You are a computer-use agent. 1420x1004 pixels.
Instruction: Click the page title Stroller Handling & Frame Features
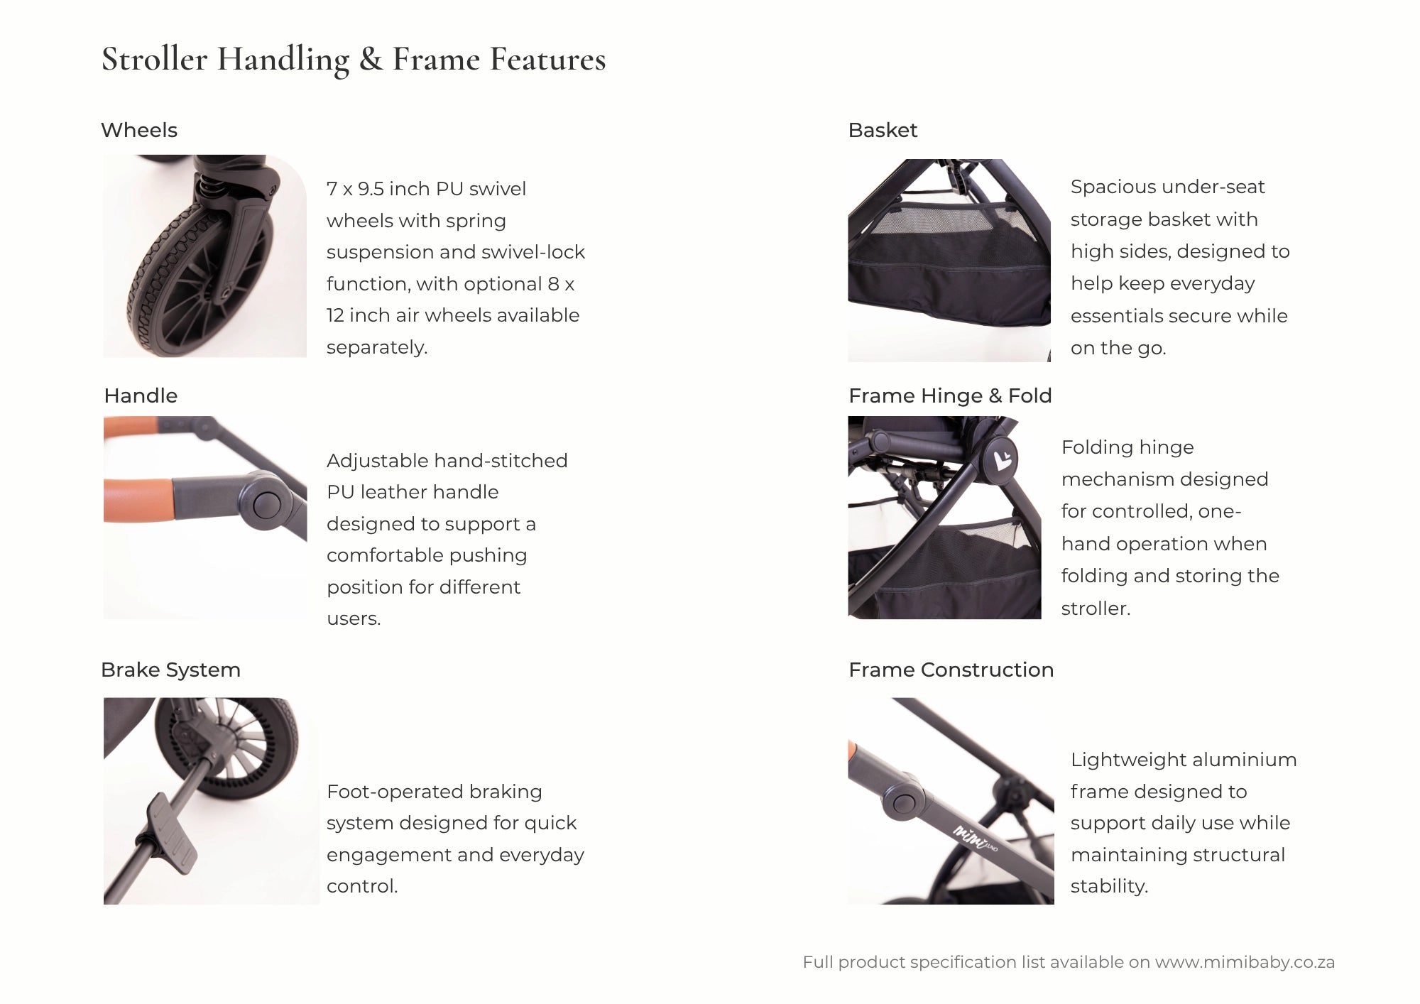(354, 60)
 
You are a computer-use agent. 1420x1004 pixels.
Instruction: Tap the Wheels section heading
(139, 130)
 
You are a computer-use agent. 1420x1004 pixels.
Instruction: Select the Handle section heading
(141, 395)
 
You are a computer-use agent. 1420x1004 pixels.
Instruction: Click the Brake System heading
(170, 670)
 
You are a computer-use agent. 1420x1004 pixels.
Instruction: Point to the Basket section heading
(883, 130)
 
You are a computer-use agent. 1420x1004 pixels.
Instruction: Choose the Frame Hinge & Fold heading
(950, 395)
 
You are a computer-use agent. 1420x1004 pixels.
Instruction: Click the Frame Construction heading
(951, 670)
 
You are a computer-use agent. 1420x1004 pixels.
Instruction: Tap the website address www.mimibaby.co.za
(1245, 962)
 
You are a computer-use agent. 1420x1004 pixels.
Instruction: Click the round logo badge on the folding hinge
(1000, 459)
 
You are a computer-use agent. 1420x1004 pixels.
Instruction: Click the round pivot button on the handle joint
(266, 504)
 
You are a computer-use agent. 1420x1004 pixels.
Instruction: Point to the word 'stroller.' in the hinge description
(1096, 609)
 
